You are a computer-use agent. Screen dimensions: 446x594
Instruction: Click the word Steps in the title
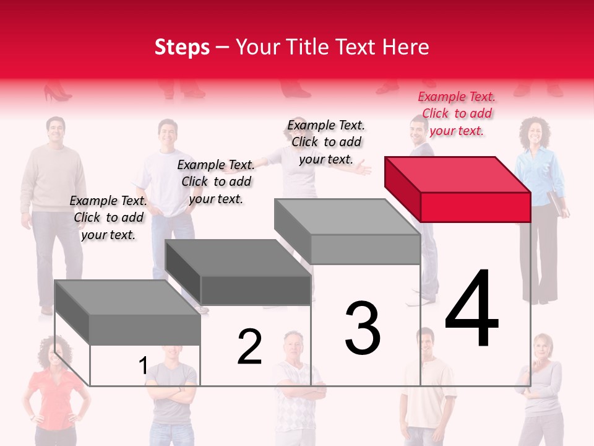pos(182,47)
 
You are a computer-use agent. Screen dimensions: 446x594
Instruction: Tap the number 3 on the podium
pos(363,328)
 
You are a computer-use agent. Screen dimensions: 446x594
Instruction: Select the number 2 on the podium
pos(249,347)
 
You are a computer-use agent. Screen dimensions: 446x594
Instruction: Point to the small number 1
pos(143,366)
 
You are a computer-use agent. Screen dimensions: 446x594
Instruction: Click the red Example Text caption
pos(457,113)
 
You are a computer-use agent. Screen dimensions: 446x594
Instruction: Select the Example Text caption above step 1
pos(108,217)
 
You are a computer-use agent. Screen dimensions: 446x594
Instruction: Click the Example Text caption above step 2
pos(216,181)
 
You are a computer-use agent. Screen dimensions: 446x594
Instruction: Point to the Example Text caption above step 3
pos(326,142)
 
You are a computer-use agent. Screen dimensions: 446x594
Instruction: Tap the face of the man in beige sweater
pos(56,130)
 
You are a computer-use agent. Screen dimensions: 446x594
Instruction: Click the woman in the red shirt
pos(54,390)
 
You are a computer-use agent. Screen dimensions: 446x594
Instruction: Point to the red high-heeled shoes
pos(57,94)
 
